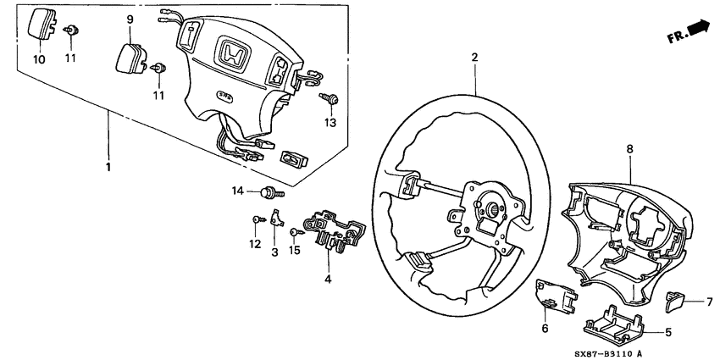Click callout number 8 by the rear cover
click(x=629, y=149)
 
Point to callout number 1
click(x=108, y=167)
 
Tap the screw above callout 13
click(x=331, y=101)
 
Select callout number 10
click(x=40, y=59)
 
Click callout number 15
click(x=296, y=252)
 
